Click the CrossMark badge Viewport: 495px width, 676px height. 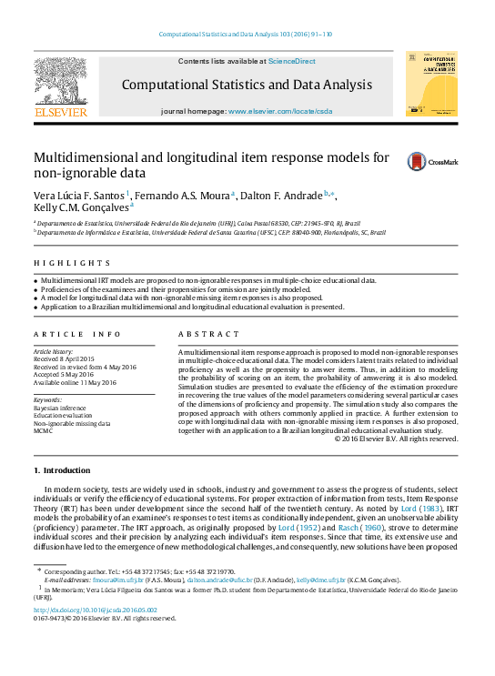tap(432, 162)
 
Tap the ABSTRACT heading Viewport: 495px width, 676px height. tap(205, 334)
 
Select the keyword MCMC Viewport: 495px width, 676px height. tap(44, 431)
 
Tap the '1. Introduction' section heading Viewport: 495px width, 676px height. tap(61, 470)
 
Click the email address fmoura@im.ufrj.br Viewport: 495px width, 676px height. tap(111, 578)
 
